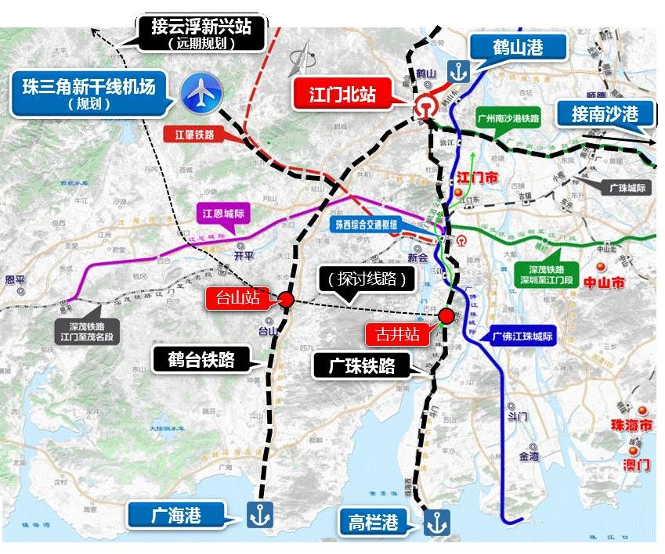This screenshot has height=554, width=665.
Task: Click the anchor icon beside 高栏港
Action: point(436,522)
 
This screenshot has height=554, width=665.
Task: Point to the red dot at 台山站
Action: point(287,299)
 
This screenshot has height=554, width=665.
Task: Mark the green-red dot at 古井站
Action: point(446,315)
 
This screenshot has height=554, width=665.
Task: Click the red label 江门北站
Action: point(342,95)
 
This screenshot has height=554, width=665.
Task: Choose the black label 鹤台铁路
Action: point(206,359)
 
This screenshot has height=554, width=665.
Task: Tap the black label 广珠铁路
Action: point(364,365)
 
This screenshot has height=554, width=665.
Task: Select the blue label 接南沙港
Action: point(605,114)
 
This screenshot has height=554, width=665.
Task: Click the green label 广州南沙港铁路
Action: point(508,119)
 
